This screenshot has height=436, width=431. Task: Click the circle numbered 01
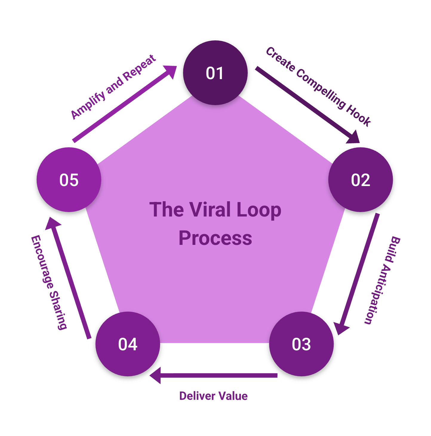click(215, 73)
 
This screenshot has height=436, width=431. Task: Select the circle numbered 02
click(361, 180)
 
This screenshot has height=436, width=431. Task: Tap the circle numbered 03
click(301, 344)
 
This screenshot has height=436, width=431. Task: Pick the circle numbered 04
click(128, 344)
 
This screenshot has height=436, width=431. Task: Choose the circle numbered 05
click(69, 180)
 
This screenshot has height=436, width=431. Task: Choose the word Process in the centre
click(215, 238)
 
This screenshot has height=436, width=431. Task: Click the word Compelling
click(321, 89)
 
